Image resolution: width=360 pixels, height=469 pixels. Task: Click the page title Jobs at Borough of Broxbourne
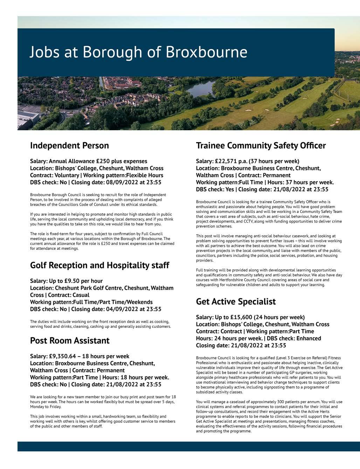[x=138, y=52]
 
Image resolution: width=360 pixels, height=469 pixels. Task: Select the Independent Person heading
[x=69, y=145]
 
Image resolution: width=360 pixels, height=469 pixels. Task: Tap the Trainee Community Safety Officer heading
[x=261, y=145]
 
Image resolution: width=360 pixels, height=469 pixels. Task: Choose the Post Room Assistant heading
[x=70, y=340]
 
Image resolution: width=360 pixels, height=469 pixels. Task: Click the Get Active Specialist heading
[x=236, y=302]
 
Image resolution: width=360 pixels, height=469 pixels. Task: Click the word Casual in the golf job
[x=81, y=295]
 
